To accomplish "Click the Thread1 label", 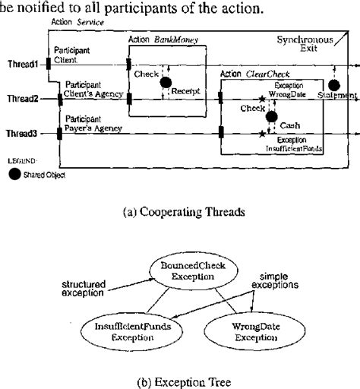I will (x=24, y=63).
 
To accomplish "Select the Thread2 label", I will (x=24, y=99).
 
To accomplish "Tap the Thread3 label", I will (x=24, y=134).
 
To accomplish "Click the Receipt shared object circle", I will (x=166, y=81).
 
